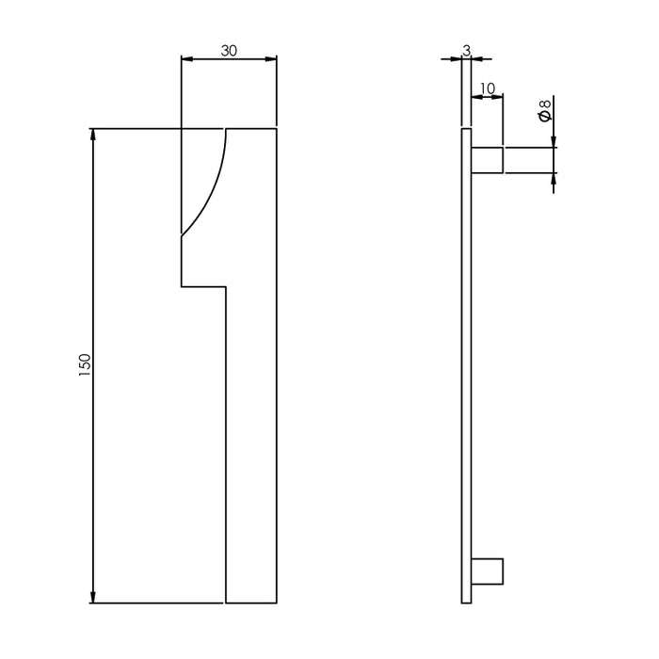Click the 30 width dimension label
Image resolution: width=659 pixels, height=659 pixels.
(229, 52)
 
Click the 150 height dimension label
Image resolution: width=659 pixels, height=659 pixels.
(85, 365)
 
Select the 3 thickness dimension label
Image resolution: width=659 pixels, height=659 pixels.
(465, 49)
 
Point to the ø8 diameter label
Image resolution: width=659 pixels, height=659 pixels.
(544, 116)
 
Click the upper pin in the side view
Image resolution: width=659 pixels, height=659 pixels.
(487, 160)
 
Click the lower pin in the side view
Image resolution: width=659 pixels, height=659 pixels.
(487, 571)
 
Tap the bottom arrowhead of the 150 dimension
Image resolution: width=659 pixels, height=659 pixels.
(93, 596)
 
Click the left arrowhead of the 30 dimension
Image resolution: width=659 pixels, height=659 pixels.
(186, 59)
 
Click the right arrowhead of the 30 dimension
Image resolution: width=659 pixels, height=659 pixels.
(271, 59)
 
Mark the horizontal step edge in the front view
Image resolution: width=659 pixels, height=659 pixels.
(203, 285)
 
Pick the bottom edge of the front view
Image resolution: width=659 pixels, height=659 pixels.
(251, 603)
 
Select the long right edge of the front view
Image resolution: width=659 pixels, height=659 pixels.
(277, 377)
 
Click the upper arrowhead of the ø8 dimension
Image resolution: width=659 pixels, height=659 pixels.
(554, 141)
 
